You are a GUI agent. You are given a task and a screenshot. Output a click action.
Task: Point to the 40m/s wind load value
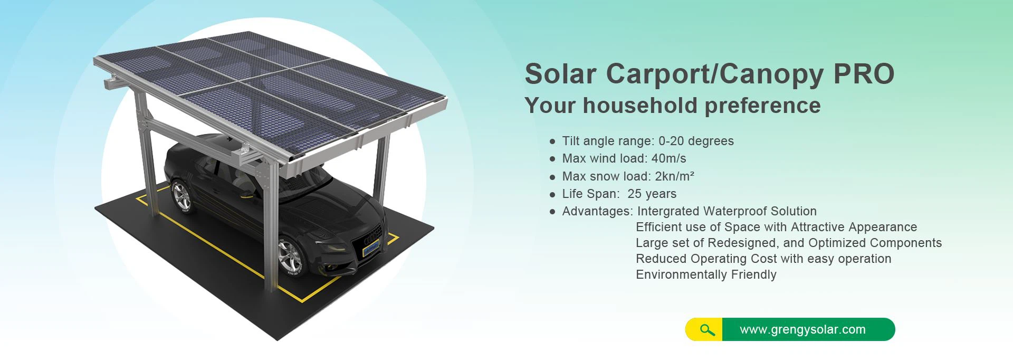pyautogui.click(x=668, y=159)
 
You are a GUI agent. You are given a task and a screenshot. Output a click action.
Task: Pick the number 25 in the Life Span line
pyautogui.click(x=634, y=194)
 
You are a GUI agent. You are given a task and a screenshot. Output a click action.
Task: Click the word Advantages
pyautogui.click(x=597, y=211)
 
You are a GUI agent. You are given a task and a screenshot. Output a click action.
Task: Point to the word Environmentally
pyautogui.click(x=674, y=274)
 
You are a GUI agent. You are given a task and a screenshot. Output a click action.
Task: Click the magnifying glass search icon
pyautogui.click(x=707, y=330)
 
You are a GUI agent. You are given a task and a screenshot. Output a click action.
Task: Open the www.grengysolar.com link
pyautogui.click(x=802, y=330)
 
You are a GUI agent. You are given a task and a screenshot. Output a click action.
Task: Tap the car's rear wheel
pyautogui.click(x=182, y=197)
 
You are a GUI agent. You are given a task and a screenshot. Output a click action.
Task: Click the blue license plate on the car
pyautogui.click(x=371, y=247)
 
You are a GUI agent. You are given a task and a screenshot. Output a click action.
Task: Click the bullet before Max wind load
pyautogui.click(x=552, y=159)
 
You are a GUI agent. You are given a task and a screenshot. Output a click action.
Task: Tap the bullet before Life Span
pyautogui.click(x=552, y=194)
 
